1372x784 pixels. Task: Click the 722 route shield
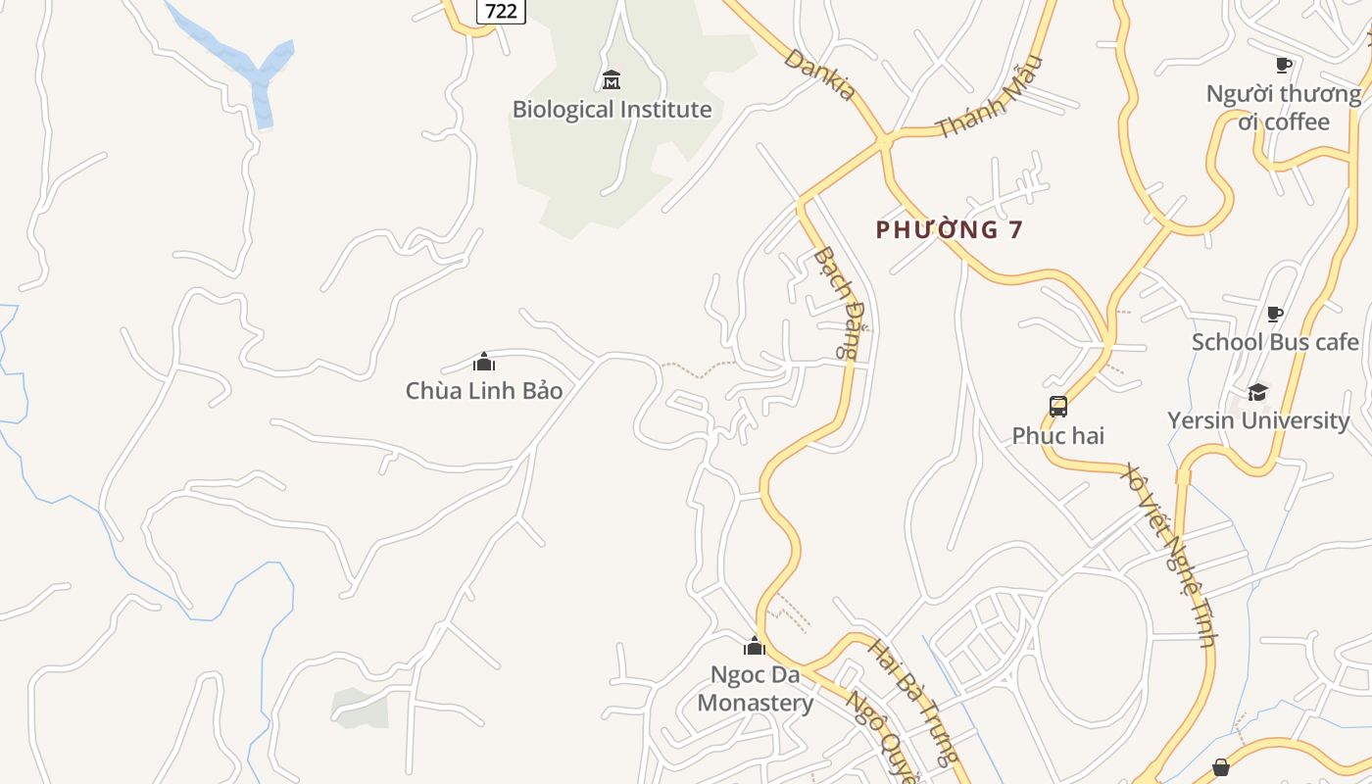(x=501, y=11)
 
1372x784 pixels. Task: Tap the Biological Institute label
(x=612, y=109)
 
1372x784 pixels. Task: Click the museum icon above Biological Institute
(x=612, y=79)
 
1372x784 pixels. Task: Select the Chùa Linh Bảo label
(x=484, y=390)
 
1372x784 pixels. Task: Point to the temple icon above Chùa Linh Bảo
(x=484, y=362)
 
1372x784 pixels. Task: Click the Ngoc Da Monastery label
(x=755, y=689)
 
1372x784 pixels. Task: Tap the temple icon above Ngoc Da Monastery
(x=755, y=646)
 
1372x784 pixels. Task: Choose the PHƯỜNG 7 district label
(x=950, y=229)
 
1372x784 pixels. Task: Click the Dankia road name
(x=820, y=73)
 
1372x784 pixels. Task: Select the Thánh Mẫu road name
(x=990, y=98)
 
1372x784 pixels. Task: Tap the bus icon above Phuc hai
(x=1058, y=407)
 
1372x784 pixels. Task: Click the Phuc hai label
(x=1058, y=435)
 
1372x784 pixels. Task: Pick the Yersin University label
(x=1258, y=420)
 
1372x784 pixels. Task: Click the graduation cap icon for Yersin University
(x=1257, y=393)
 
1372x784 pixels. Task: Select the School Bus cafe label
(x=1275, y=342)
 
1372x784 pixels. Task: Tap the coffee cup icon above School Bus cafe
(x=1274, y=315)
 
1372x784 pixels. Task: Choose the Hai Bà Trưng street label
(x=912, y=701)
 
